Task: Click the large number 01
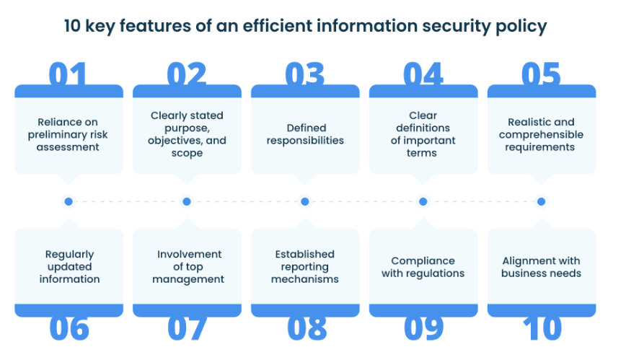(x=68, y=74)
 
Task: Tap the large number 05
(x=541, y=74)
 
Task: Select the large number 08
(x=307, y=328)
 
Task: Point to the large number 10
(x=542, y=328)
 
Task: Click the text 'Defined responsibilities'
(x=305, y=134)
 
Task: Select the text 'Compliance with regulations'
(x=423, y=267)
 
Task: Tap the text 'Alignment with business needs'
(x=541, y=267)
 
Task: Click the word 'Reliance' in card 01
(x=53, y=122)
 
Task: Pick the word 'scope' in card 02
(x=187, y=153)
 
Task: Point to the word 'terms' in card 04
(x=422, y=153)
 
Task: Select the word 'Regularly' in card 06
(x=70, y=255)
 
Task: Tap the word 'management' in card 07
(x=188, y=280)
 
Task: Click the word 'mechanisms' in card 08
(x=305, y=279)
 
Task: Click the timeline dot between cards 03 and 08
(x=305, y=201)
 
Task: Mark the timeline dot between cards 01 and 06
(x=69, y=201)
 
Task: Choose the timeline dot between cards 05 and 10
(x=541, y=201)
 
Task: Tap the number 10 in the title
(x=72, y=26)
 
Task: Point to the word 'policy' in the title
(x=521, y=27)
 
